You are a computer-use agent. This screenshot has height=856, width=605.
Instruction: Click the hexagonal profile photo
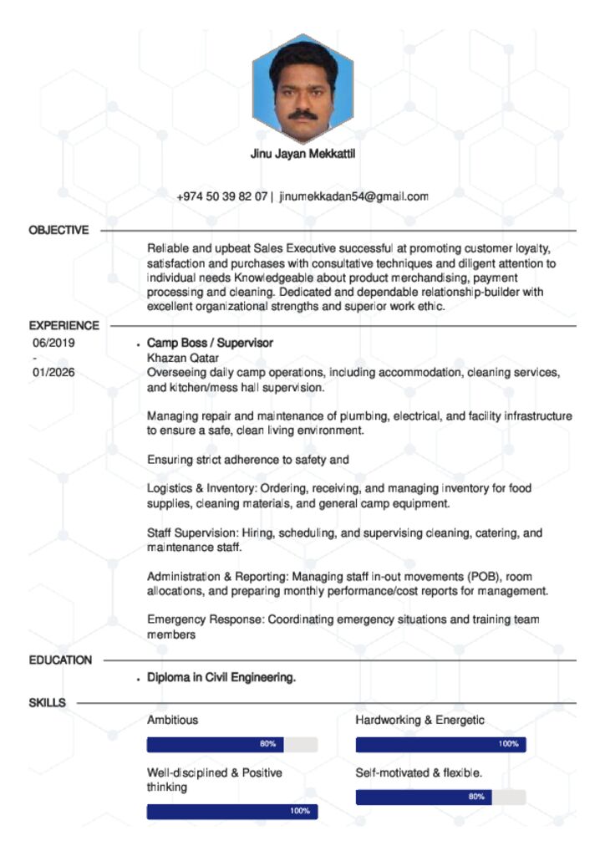pos(302,89)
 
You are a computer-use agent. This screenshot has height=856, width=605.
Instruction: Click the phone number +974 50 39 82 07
pos(221,196)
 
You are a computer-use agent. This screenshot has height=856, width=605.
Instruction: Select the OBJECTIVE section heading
pos(58,230)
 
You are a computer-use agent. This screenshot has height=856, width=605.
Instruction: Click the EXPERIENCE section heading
pos(64,325)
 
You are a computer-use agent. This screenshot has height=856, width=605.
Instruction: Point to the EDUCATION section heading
pos(60,660)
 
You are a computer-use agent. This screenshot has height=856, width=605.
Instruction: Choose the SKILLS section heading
pos(47,702)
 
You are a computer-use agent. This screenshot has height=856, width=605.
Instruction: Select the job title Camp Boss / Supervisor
pos(210,343)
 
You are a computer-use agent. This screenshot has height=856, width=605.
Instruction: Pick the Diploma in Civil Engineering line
pos(221,677)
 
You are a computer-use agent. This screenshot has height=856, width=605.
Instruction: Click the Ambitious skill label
pos(173,719)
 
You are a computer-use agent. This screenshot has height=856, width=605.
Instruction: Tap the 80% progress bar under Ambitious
pos(232,744)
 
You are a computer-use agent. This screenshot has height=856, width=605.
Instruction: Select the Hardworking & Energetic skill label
pos(419,719)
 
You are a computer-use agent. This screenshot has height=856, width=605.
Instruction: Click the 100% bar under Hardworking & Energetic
pos(440,744)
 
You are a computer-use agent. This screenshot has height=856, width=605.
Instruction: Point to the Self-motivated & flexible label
pos(419,772)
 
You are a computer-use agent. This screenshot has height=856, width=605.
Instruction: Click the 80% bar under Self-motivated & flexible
pos(440,797)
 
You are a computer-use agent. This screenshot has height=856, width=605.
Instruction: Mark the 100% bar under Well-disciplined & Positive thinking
pos(232,811)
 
